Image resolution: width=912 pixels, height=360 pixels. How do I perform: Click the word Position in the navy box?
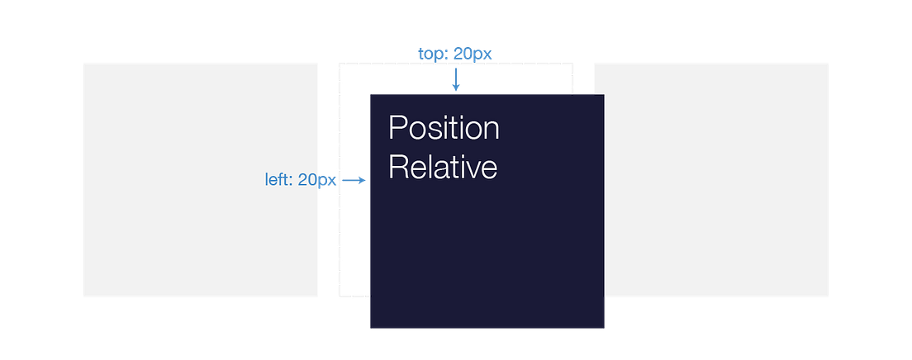tap(444, 130)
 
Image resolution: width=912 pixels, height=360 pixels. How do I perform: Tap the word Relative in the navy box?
tap(442, 168)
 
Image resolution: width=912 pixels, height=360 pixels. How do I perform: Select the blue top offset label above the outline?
tap(455, 54)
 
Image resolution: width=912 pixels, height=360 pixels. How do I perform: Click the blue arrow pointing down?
tap(455, 80)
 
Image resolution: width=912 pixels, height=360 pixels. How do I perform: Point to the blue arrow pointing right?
tap(354, 180)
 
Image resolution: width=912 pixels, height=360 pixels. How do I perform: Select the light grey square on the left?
tap(201, 180)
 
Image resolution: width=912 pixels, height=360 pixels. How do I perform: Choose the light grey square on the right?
tap(717, 180)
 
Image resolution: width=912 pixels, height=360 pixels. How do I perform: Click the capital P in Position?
tap(397, 130)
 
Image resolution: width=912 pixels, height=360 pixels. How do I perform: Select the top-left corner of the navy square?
tap(370, 95)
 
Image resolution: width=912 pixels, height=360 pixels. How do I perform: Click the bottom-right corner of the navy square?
tap(604, 328)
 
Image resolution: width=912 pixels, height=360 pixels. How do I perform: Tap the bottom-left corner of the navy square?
tap(370, 328)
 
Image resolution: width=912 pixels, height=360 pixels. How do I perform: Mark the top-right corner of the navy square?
tap(604, 95)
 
